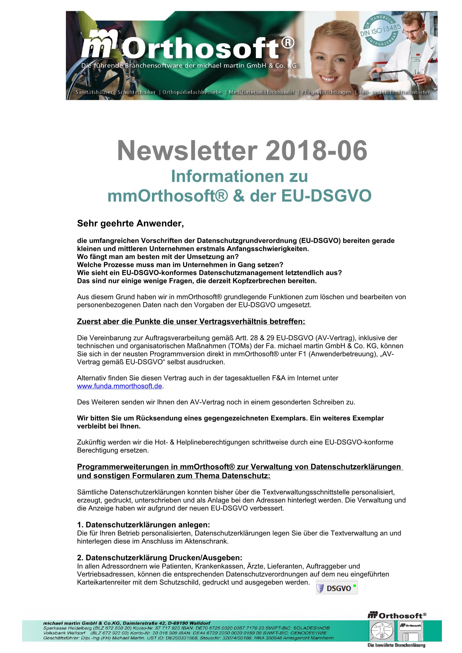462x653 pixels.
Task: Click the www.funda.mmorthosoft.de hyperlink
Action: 120,386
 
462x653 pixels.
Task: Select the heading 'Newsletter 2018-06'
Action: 242,151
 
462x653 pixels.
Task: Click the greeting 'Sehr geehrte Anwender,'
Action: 130,224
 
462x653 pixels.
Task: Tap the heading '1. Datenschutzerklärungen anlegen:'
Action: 143,525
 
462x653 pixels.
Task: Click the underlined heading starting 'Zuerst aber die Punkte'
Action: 191,321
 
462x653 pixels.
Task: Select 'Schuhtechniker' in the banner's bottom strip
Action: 137,92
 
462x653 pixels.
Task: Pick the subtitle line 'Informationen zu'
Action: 239,176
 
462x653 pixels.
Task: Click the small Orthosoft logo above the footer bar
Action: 397,616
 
